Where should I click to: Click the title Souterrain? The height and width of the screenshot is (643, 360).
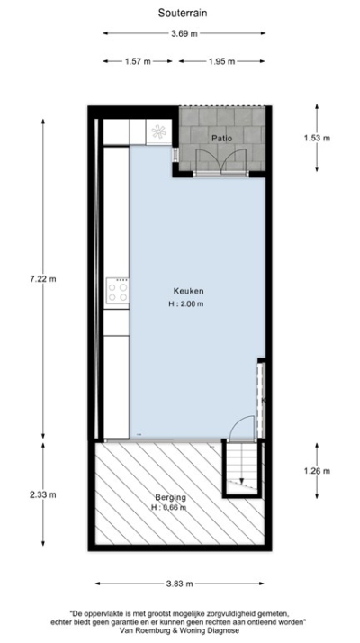coord(180,14)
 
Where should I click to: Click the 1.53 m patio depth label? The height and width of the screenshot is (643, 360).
coord(317,138)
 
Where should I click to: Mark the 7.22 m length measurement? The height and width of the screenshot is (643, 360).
coord(42,279)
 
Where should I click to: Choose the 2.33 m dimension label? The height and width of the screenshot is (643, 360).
coord(42,494)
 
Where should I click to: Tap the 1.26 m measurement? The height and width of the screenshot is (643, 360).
coord(317,471)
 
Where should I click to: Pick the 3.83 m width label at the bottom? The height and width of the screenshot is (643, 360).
coord(184,584)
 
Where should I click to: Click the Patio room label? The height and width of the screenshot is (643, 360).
coord(222,138)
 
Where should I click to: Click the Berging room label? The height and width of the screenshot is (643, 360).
coord(170,497)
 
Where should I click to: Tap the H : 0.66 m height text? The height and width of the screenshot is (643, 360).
coord(168,508)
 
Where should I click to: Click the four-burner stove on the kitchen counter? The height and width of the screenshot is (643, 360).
coord(117,290)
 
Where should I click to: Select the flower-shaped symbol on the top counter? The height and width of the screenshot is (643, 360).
coord(159,131)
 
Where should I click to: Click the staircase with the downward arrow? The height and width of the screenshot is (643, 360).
coord(240,468)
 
